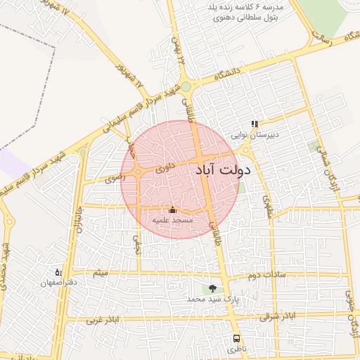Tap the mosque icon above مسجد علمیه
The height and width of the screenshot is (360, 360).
(x=173, y=210)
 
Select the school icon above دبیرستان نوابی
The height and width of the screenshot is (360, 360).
(x=255, y=124)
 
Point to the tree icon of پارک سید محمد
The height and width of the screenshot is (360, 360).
(x=213, y=288)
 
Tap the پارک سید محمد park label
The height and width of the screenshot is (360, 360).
(x=213, y=299)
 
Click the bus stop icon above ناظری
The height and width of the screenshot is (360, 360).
(x=236, y=337)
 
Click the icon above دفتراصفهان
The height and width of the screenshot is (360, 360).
(x=58, y=271)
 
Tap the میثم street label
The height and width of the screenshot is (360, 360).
(x=101, y=271)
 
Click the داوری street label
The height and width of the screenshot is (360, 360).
(x=162, y=169)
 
